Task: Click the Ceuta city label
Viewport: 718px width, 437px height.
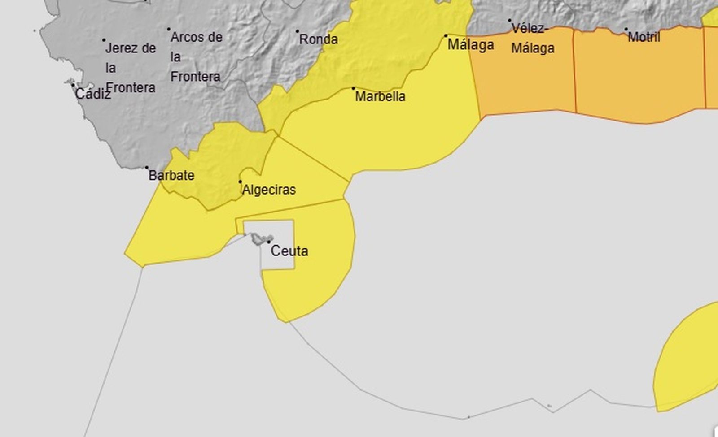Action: pyautogui.click(x=289, y=251)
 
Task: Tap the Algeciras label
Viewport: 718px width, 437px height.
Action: pyautogui.click(x=269, y=190)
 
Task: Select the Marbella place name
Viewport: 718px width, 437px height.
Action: pyautogui.click(x=380, y=96)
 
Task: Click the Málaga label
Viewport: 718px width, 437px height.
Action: pyautogui.click(x=471, y=45)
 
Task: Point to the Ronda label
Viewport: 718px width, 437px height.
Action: pyautogui.click(x=318, y=39)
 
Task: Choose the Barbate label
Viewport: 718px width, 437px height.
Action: pyautogui.click(x=171, y=175)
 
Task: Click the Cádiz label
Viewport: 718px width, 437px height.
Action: pyautogui.click(x=92, y=94)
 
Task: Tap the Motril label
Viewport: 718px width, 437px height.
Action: pyautogui.click(x=644, y=37)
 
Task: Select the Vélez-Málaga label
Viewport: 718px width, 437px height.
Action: pyautogui.click(x=532, y=38)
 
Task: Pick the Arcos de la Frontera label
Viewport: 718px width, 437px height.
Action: pyautogui.click(x=196, y=57)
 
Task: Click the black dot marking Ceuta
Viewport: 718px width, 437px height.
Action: pyautogui.click(x=269, y=242)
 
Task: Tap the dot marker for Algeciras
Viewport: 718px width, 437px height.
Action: pyautogui.click(x=240, y=182)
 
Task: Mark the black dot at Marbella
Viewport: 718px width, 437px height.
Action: pyautogui.click(x=353, y=88)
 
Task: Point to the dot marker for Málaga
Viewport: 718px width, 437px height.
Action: pyautogui.click(x=446, y=35)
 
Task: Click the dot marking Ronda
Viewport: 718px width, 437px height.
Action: pyautogui.click(x=297, y=31)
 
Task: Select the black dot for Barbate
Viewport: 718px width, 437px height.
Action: pyautogui.click(x=147, y=168)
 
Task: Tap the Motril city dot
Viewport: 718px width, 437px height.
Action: pyautogui.click(x=626, y=29)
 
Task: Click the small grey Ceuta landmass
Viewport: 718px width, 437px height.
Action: pyautogui.click(x=258, y=239)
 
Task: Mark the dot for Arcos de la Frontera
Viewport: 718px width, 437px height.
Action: pyautogui.click(x=169, y=29)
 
